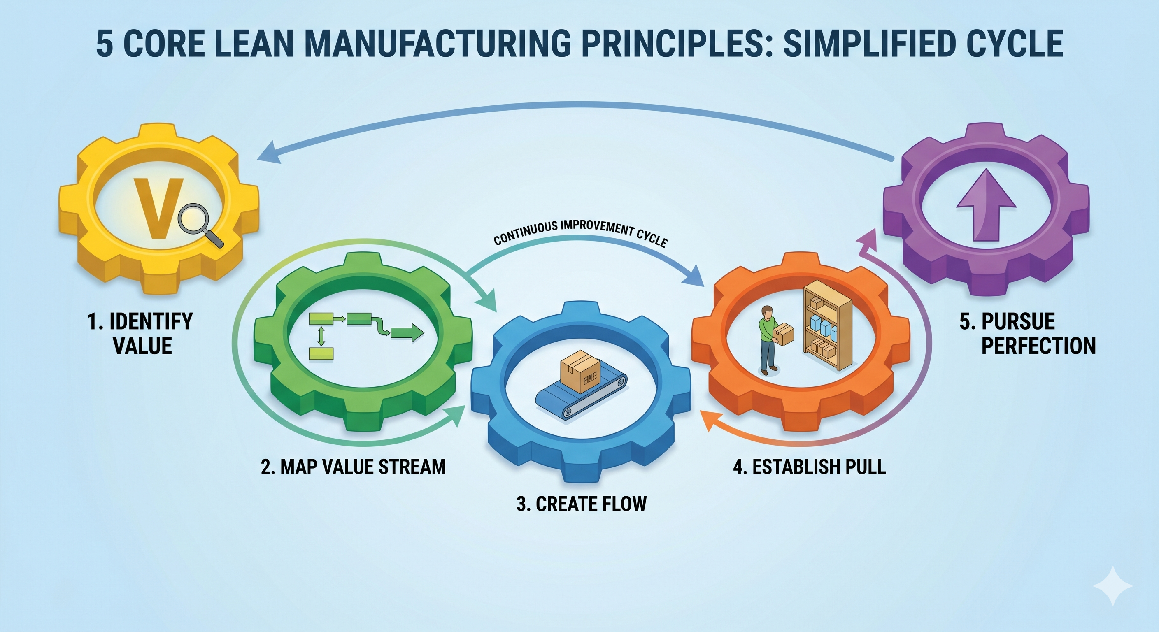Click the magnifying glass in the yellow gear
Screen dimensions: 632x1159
(198, 222)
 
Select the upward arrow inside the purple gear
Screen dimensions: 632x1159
(986, 203)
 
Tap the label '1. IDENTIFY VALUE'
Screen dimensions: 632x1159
(141, 333)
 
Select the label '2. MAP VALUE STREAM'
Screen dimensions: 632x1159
(353, 467)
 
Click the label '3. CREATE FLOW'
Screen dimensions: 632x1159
(581, 504)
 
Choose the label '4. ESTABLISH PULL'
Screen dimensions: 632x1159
(810, 467)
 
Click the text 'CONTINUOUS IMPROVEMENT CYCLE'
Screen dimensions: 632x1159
(580, 232)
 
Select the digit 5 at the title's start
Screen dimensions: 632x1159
(105, 44)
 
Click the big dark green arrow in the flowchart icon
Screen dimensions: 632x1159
(407, 333)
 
